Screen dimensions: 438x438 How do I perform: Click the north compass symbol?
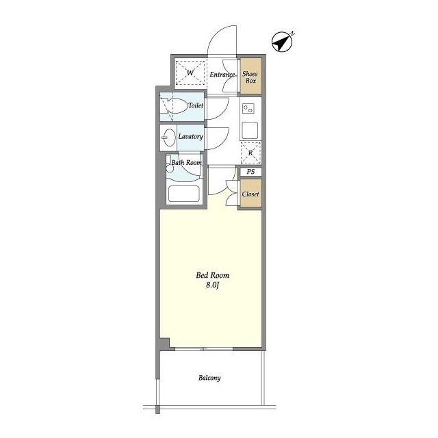pos(282,42)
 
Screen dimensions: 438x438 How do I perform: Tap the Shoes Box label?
pos(250,77)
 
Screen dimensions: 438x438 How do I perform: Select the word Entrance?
pos(222,75)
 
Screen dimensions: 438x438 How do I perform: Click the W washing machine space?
pos(190,73)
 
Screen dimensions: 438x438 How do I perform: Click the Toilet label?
pos(196,105)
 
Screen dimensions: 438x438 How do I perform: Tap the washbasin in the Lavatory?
pos(168,138)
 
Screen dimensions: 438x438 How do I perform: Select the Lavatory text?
pos(190,136)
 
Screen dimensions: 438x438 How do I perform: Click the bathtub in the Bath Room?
pos(184,194)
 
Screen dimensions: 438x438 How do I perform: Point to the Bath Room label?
pos(186,163)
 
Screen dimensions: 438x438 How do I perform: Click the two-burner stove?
pos(248,108)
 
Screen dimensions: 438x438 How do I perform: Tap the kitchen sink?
pos(250,130)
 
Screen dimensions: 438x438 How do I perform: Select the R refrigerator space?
pos(250,153)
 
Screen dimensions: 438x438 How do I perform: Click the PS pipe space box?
pos(250,172)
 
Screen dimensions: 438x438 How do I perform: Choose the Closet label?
pos(250,194)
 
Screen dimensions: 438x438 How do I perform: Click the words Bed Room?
pos(213,275)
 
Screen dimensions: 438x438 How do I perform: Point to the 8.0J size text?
pos(212,285)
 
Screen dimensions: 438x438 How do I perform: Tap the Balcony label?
pos(209,378)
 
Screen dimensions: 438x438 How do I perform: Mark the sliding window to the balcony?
pos(204,349)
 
